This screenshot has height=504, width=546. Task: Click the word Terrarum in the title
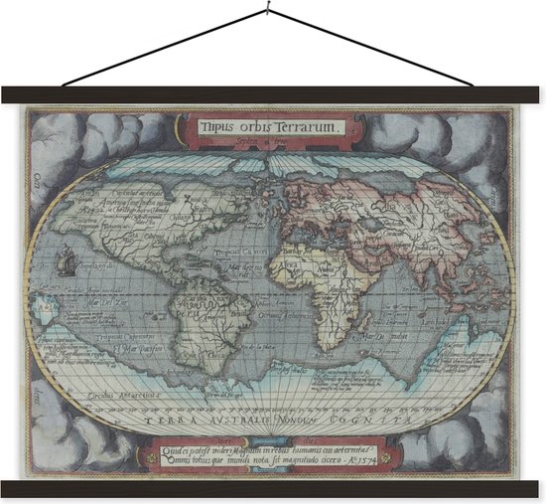point(310,126)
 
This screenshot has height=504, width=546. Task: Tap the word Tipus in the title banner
point(214,126)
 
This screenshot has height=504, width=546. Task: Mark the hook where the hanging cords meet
point(270,12)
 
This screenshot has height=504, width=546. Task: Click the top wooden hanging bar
point(273,95)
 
